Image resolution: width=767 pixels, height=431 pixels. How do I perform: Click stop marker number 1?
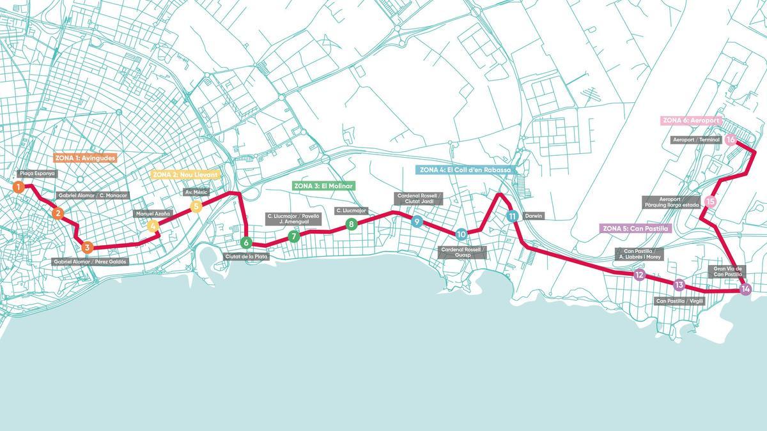point(19,187)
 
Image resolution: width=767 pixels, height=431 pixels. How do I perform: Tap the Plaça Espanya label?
point(37,173)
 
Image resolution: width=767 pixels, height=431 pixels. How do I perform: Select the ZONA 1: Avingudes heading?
point(84,157)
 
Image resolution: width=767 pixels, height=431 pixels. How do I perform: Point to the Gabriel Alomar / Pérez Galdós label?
point(91,261)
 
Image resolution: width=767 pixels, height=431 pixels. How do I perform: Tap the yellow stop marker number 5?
point(196,206)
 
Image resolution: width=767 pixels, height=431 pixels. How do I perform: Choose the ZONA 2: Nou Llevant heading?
point(185,174)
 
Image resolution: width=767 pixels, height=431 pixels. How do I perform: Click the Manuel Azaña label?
point(153,213)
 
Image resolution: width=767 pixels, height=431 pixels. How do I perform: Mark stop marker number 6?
point(245,243)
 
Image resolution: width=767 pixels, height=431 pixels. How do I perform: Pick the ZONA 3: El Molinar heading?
point(323,186)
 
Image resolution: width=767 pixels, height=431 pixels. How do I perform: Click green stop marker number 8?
point(351,224)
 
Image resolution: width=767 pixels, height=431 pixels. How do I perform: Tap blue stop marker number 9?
point(417,222)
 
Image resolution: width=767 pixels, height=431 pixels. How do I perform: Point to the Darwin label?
point(533,216)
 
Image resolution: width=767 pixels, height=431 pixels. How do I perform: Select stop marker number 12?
point(639,276)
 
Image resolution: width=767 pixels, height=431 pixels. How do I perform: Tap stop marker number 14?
point(745,289)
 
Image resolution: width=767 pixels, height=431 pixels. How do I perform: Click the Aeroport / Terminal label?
point(695,140)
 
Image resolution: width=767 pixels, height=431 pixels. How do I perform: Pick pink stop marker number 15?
point(710,202)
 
